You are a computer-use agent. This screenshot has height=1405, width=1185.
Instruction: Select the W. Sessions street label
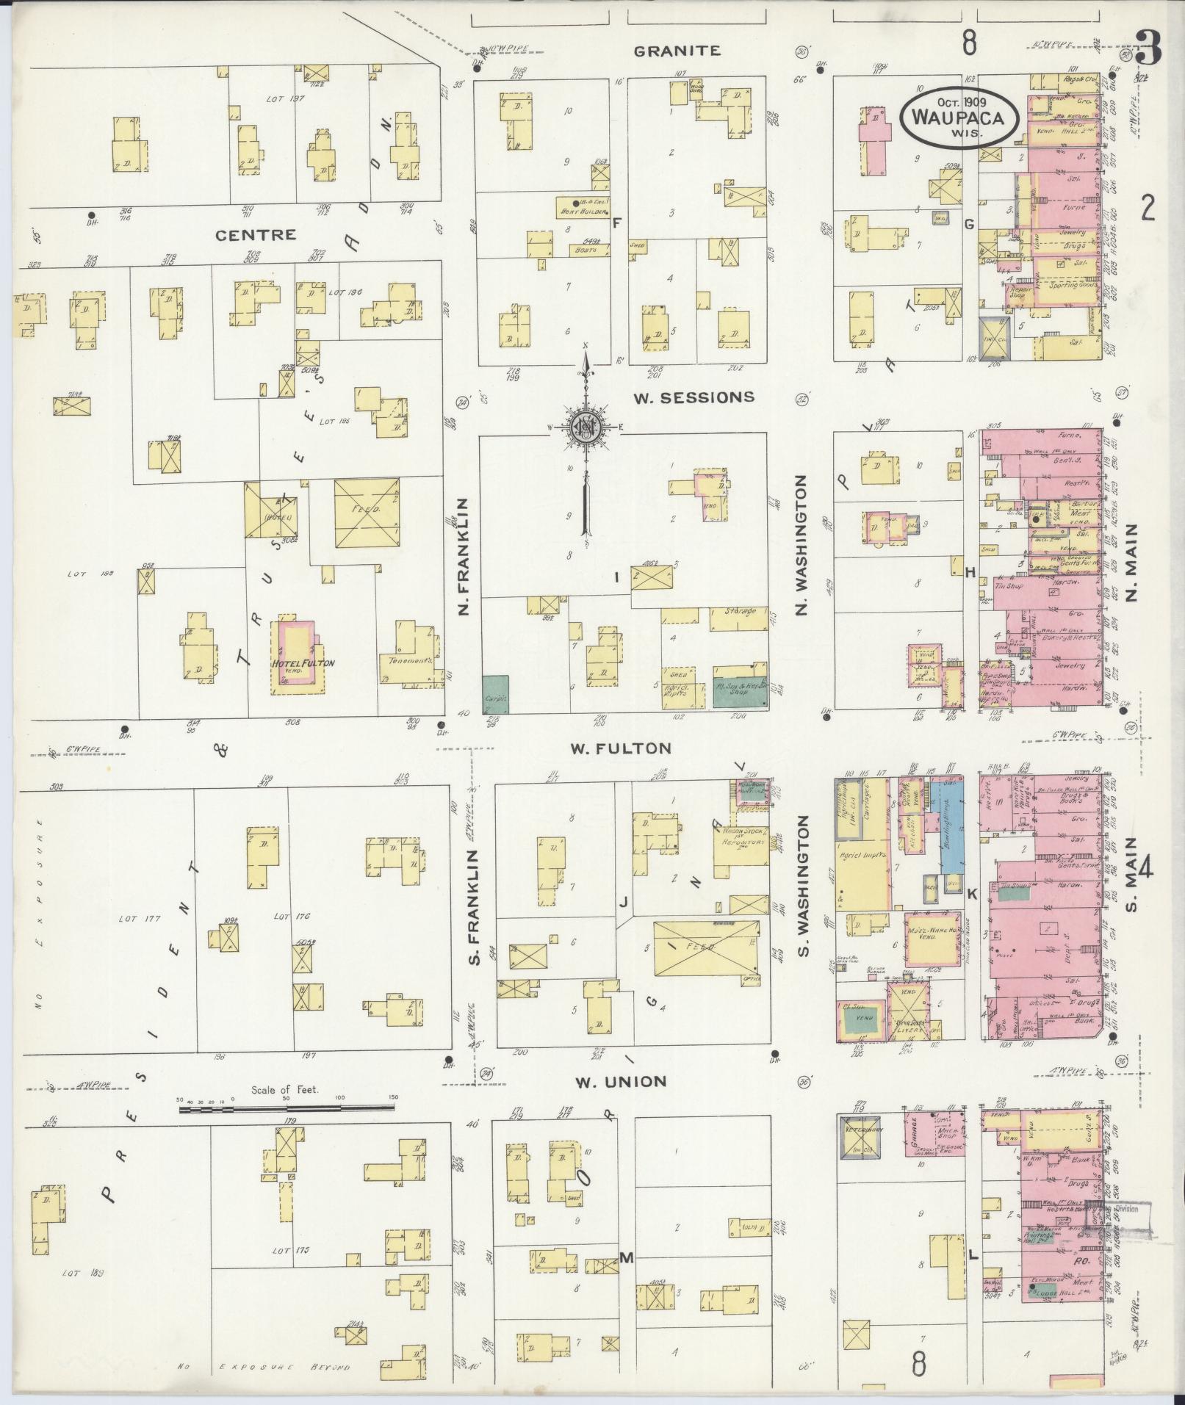tap(694, 397)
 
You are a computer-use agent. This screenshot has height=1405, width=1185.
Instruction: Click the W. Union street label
tap(621, 1081)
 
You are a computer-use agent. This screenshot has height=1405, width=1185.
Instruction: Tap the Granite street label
tap(677, 51)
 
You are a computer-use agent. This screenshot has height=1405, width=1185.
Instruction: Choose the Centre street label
tap(256, 234)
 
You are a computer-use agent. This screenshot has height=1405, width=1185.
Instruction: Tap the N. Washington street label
tap(802, 544)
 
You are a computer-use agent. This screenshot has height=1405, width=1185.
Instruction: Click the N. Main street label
tap(1131, 562)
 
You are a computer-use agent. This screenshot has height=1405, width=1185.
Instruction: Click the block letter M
tap(626, 1258)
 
